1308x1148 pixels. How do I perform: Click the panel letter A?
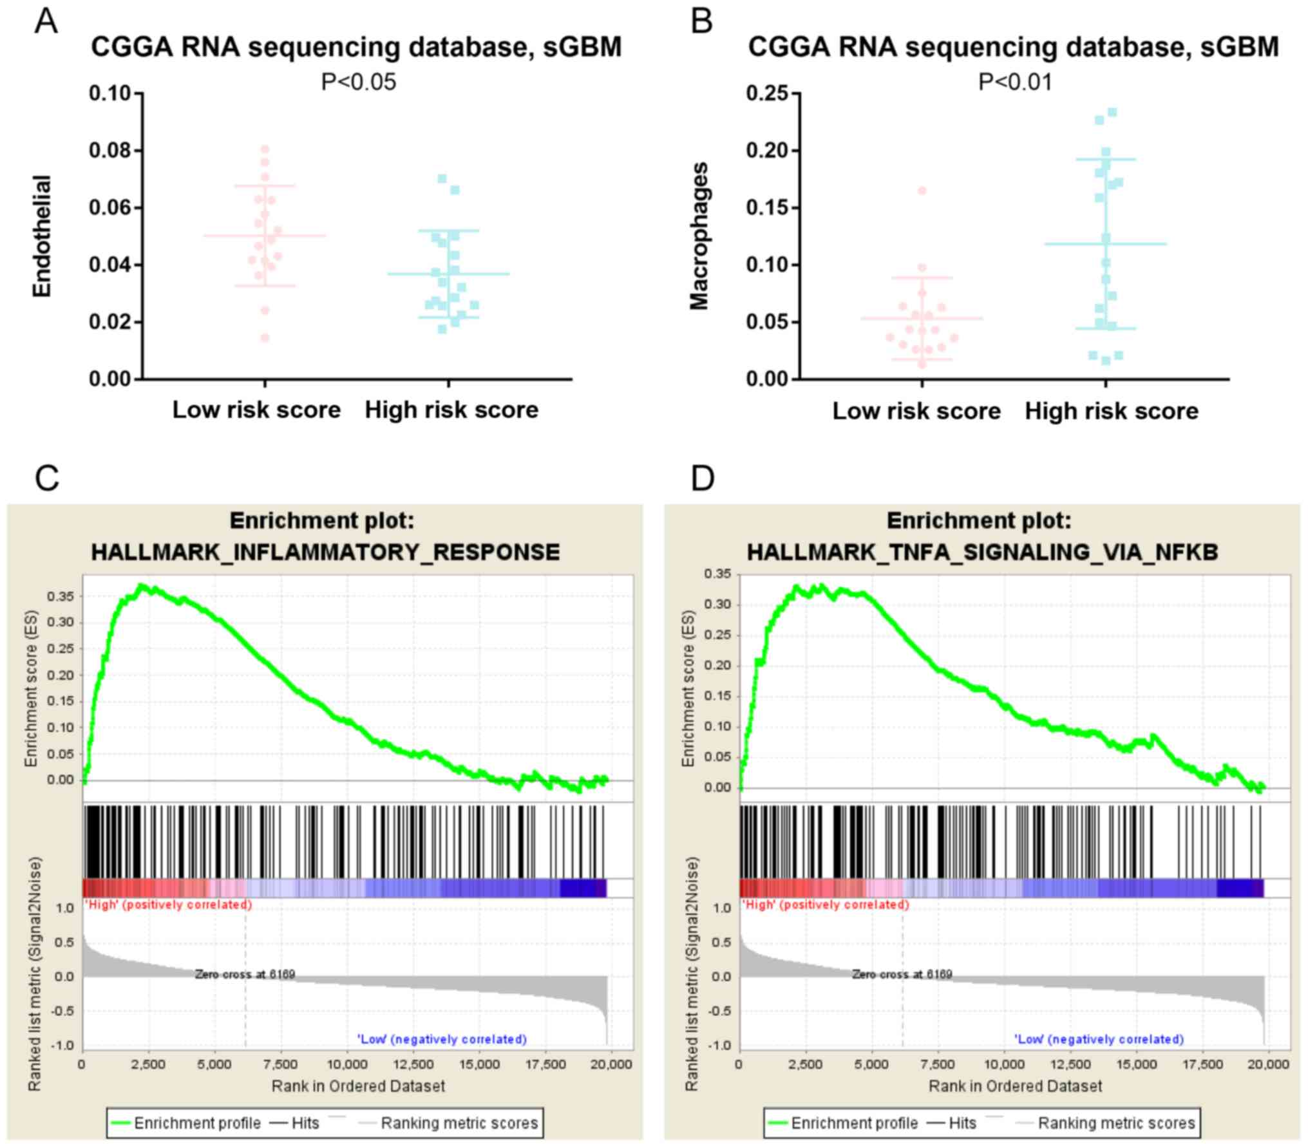click(x=46, y=22)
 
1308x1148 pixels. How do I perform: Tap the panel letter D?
click(x=702, y=478)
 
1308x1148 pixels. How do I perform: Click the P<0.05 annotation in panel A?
click(x=359, y=82)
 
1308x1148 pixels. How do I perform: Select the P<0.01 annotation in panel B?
click(x=1016, y=82)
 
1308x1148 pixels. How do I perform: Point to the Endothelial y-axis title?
click(x=42, y=236)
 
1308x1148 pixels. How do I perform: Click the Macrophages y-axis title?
click(x=699, y=236)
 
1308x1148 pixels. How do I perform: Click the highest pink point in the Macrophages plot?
click(x=922, y=191)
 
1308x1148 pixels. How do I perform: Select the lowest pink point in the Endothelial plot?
click(x=265, y=338)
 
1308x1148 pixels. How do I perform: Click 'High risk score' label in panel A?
click(x=451, y=410)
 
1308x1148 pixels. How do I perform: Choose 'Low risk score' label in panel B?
click(x=916, y=411)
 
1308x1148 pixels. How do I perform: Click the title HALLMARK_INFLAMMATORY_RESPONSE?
click(x=325, y=552)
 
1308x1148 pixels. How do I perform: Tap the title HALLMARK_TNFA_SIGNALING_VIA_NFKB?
click(x=982, y=552)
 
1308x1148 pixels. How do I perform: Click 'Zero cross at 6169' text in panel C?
click(x=245, y=974)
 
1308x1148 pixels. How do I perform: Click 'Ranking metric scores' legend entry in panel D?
click(x=1116, y=1124)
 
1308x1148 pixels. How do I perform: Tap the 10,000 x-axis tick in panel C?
click(x=347, y=1064)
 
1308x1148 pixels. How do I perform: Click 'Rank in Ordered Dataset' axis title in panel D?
click(x=1016, y=1086)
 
